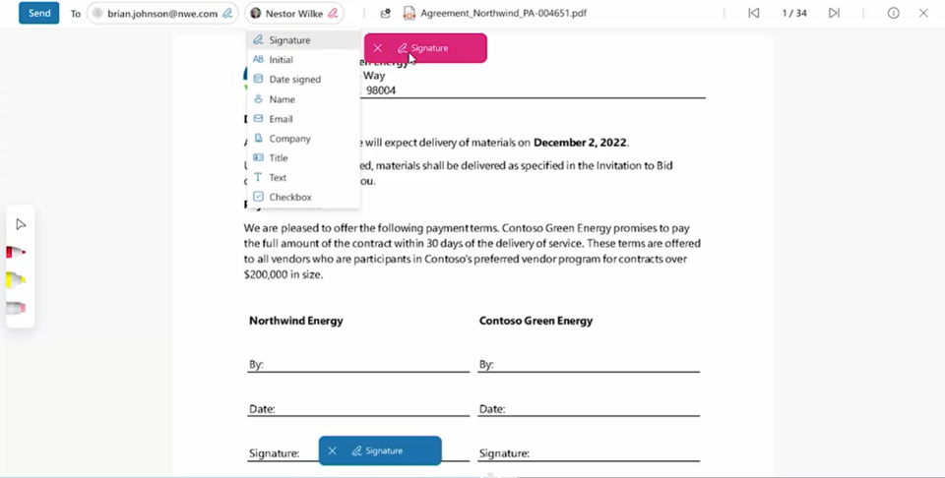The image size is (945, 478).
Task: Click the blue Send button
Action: [39, 14]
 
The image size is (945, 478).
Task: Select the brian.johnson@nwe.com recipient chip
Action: [162, 14]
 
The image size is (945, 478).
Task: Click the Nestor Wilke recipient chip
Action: [294, 14]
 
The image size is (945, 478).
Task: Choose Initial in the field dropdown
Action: [281, 60]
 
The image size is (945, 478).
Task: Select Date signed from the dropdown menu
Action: [294, 80]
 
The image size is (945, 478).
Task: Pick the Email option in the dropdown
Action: [281, 119]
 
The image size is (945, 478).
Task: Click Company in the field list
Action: [289, 139]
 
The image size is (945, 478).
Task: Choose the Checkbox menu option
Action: [289, 198]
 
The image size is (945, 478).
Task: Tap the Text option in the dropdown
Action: [278, 178]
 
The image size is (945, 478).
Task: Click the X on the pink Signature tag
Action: [378, 48]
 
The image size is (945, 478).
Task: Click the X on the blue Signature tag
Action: [333, 451]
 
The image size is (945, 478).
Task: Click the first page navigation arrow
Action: [754, 14]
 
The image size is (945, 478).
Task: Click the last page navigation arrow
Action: [834, 14]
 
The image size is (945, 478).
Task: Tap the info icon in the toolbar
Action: [894, 14]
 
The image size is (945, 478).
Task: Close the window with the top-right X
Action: [923, 14]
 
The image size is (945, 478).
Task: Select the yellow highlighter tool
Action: [16, 280]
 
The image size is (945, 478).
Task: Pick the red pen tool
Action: [16, 253]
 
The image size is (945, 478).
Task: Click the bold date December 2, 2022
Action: [580, 143]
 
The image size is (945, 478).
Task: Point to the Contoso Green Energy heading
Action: [535, 321]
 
